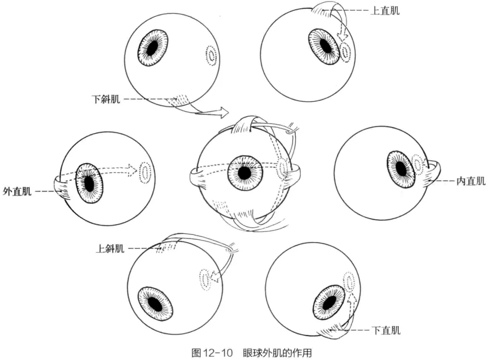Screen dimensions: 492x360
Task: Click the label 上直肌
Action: tap(385, 11)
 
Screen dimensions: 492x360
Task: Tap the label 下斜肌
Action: tap(106, 100)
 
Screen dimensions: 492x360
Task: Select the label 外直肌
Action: tap(17, 191)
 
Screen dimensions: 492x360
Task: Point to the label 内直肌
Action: tap(471, 181)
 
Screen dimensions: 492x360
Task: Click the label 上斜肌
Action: tap(110, 249)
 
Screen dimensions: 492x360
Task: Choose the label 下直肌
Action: tap(386, 330)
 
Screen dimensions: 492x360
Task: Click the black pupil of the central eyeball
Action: tap(244, 173)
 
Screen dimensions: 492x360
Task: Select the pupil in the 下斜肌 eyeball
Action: tap(152, 48)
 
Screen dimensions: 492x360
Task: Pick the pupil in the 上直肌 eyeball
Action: tap(325, 46)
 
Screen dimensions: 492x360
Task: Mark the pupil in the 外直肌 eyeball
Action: tap(89, 183)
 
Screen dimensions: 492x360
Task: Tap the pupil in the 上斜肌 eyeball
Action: tap(155, 304)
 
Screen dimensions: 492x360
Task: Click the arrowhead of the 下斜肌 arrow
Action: tap(224, 112)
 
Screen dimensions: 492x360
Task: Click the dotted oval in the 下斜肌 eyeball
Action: tap(211, 56)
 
